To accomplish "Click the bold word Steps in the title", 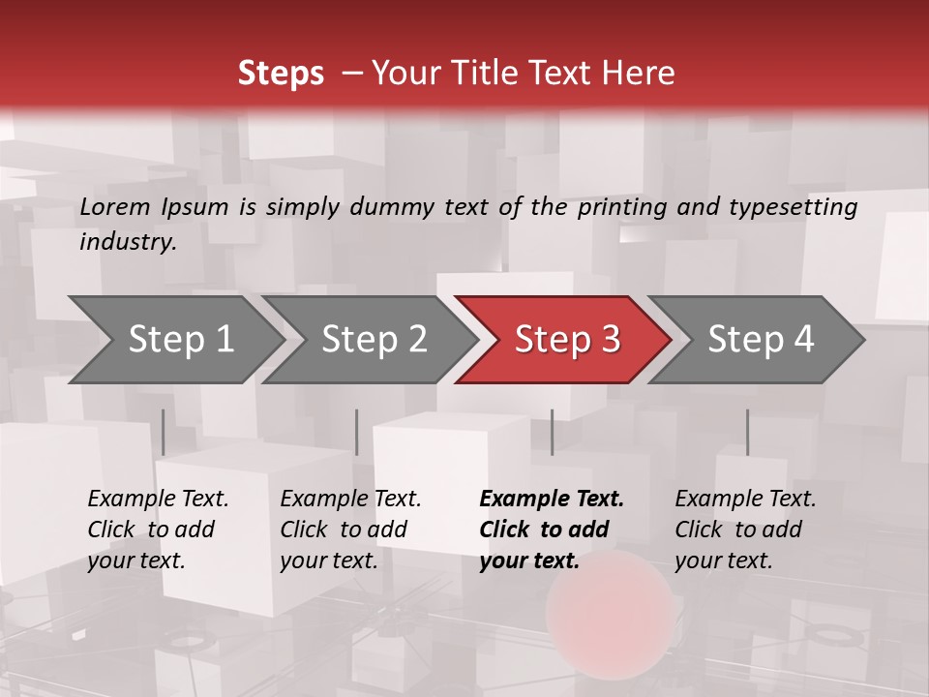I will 281,74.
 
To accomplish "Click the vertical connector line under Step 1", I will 164,432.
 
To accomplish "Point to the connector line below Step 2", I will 357,432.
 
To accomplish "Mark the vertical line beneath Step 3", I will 552,432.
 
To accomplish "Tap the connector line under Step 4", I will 747,432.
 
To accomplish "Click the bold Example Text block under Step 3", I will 552,530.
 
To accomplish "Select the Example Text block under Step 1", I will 158,530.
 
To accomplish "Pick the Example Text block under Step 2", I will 350,530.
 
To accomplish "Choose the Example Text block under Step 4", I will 745,530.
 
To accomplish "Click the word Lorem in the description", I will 115,206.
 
